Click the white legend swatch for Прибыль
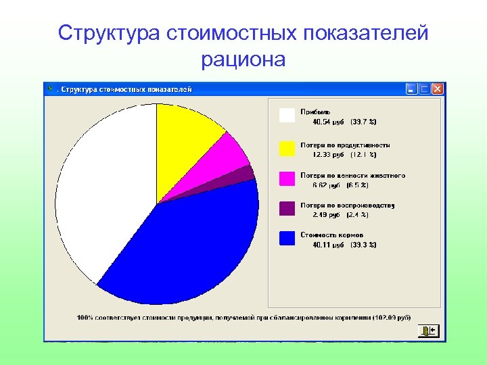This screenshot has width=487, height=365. [287, 116]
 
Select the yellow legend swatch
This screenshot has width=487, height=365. [287, 147]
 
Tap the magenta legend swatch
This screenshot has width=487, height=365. [287, 178]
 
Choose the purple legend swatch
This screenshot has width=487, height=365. [287, 208]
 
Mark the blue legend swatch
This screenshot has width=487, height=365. [287, 238]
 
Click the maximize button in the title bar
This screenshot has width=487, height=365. [425, 89]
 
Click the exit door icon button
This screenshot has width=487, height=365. [429, 330]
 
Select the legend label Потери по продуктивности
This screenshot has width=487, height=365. [345, 145]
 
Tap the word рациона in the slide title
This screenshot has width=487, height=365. [243, 59]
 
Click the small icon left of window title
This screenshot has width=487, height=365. [49, 88]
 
